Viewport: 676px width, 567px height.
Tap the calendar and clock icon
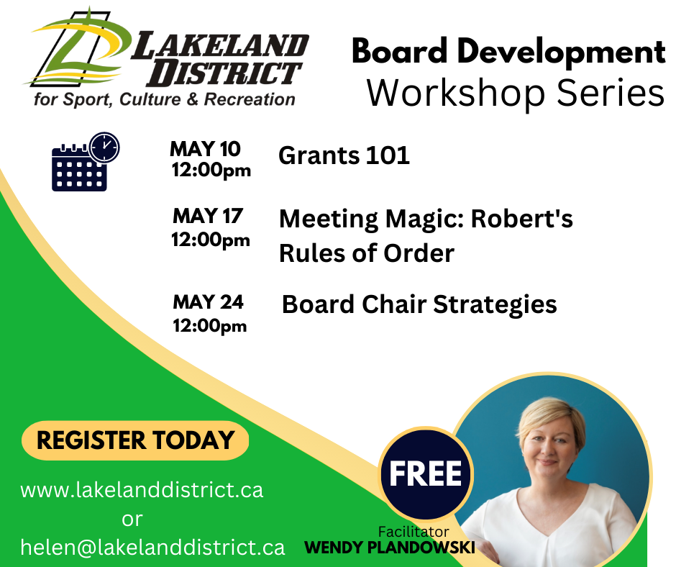[86, 162]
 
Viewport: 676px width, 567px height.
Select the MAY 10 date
[205, 149]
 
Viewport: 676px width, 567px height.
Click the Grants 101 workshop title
[344, 155]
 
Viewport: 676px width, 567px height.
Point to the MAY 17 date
[208, 216]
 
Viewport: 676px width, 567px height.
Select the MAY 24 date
[209, 302]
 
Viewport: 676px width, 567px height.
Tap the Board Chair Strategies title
[419, 304]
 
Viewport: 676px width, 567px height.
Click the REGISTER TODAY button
[135, 440]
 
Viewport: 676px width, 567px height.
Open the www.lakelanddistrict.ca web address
[142, 490]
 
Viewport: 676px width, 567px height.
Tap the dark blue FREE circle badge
[426, 474]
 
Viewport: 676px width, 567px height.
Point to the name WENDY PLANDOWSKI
[390, 548]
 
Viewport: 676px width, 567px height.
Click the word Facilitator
[414, 532]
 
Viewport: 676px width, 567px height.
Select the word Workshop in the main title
[456, 94]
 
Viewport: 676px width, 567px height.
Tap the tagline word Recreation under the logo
[250, 99]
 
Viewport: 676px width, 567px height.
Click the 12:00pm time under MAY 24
[210, 326]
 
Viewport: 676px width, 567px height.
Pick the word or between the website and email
[132, 520]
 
